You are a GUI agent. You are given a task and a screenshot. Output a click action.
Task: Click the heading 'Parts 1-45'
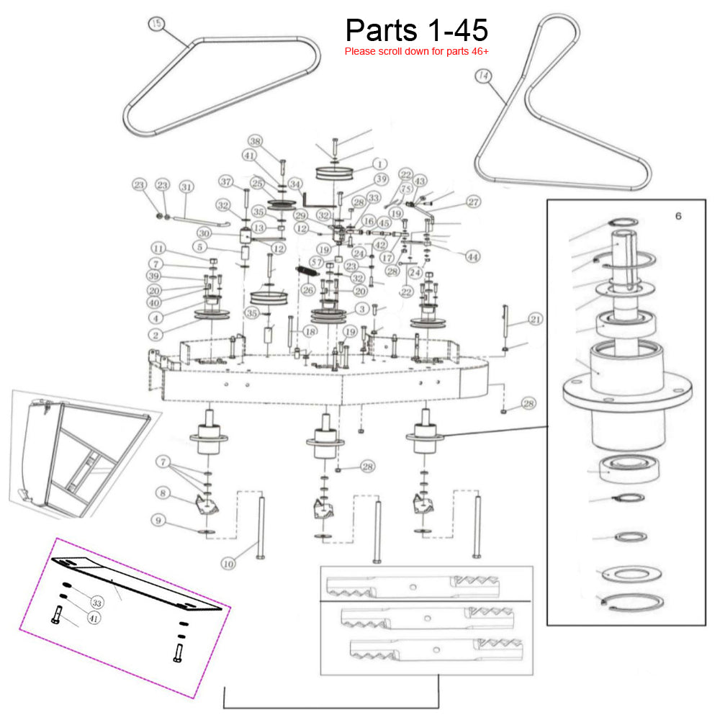pyautogui.click(x=417, y=30)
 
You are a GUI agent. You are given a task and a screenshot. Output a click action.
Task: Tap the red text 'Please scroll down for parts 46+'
pyautogui.click(x=417, y=51)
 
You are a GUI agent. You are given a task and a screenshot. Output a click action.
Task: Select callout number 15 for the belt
pyautogui.click(x=156, y=24)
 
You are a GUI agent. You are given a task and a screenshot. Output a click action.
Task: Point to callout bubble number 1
pyautogui.click(x=381, y=163)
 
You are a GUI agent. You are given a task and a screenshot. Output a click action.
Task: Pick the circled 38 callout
pyautogui.click(x=256, y=140)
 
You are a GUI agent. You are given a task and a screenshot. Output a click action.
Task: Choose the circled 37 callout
pyautogui.click(x=227, y=181)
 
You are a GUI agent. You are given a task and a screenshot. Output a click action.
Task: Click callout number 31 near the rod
pyautogui.click(x=186, y=187)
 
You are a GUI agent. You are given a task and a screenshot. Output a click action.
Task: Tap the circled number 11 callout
pyautogui.click(x=158, y=248)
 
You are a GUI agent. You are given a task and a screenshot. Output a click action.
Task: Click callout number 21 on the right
pyautogui.click(x=535, y=319)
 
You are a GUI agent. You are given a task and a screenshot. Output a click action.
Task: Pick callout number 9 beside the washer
pyautogui.click(x=158, y=519)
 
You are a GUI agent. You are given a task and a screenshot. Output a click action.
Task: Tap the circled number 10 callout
pyautogui.click(x=228, y=564)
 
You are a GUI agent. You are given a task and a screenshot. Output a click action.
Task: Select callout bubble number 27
pyautogui.click(x=473, y=202)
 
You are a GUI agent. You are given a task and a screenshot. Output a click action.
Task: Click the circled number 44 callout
pyautogui.click(x=472, y=256)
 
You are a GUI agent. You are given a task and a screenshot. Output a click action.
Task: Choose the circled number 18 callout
pyautogui.click(x=310, y=332)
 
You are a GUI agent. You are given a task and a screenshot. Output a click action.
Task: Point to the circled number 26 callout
pyautogui.click(x=308, y=290)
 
